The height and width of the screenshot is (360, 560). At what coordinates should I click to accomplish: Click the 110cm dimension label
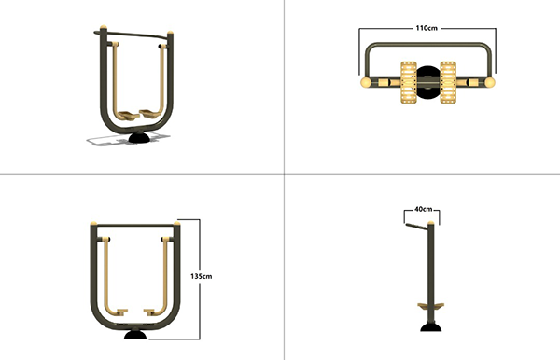coord(427,28)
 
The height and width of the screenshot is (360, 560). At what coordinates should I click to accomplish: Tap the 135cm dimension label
coord(201,276)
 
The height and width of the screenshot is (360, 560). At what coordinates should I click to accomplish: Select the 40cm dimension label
coord(423,209)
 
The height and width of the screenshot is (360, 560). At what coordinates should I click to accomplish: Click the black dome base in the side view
coord(430,326)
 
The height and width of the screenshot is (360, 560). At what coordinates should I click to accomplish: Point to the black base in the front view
coord(135,334)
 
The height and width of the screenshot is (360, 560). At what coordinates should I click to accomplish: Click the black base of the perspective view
coord(139,137)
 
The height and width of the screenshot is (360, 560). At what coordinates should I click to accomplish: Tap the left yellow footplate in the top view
coord(409,82)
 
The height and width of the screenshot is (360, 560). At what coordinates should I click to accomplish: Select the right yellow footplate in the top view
coord(448,82)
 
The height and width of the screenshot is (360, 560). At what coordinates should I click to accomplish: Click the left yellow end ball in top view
coord(366,82)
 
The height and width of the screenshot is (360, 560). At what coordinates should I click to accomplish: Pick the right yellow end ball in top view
coord(490,82)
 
